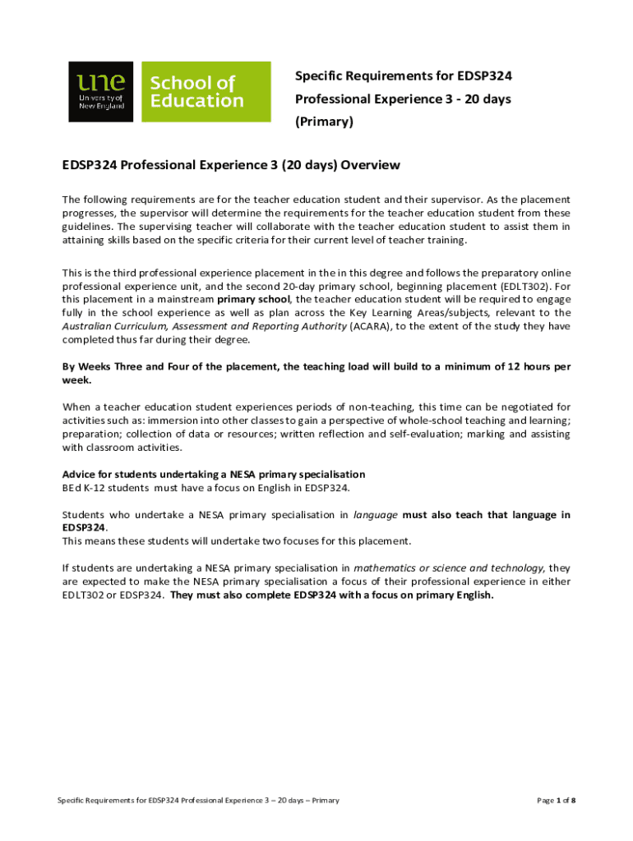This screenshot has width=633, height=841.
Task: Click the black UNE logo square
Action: [100, 91]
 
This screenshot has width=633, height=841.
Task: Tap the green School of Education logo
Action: [206, 91]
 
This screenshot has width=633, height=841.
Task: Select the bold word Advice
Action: [80, 474]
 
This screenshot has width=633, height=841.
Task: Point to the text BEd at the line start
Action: [72, 488]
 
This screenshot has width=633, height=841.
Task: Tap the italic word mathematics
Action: [386, 568]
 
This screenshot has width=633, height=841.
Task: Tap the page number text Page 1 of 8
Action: [555, 800]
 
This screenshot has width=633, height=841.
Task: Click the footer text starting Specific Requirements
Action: [197, 800]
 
